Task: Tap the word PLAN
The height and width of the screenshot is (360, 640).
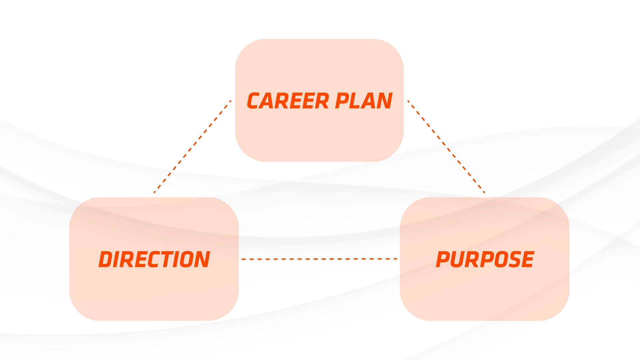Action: (364, 101)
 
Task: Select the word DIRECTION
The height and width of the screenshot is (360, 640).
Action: (154, 259)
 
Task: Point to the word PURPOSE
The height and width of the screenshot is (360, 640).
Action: (485, 259)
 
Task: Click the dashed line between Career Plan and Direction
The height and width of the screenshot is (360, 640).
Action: (193, 147)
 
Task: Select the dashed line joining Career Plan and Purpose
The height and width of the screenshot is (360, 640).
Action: (446, 147)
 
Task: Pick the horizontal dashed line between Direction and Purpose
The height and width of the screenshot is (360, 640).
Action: (319, 259)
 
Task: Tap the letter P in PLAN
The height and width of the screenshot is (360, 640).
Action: (342, 101)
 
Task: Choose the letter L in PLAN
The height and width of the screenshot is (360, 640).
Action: (356, 101)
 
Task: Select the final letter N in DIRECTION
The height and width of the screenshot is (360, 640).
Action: (202, 259)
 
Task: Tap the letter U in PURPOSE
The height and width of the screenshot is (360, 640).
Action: (458, 259)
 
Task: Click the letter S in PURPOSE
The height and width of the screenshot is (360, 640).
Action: (513, 259)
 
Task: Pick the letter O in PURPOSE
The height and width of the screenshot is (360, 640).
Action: (499, 259)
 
